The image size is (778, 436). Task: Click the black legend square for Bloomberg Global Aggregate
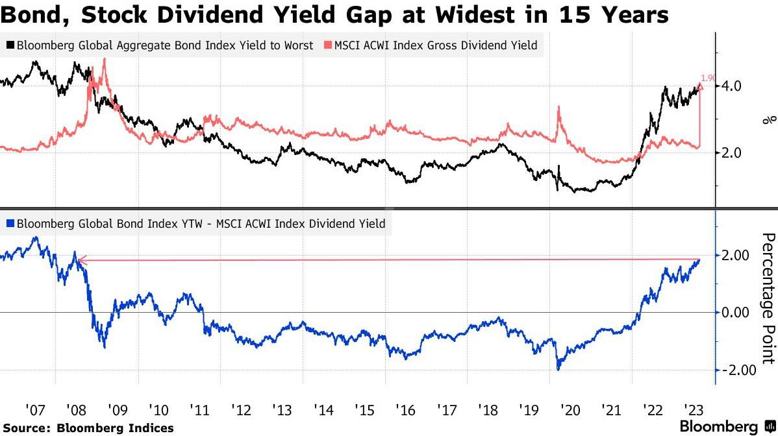point(10,45)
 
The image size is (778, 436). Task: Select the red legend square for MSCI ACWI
point(329,45)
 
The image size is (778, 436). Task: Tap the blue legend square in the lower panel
point(10,224)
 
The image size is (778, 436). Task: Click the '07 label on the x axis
point(35,410)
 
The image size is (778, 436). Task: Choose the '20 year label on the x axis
point(571,410)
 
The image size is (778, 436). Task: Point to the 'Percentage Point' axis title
point(768,298)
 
